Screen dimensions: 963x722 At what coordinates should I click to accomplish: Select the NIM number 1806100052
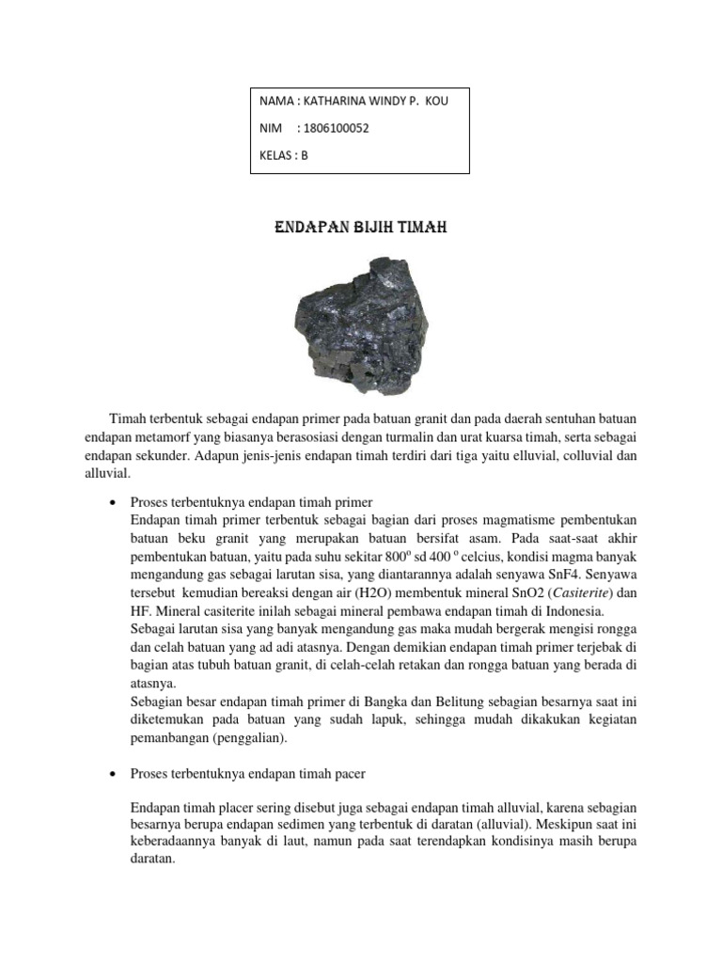pos(332,129)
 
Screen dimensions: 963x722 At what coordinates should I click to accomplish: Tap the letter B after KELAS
pos(304,156)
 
